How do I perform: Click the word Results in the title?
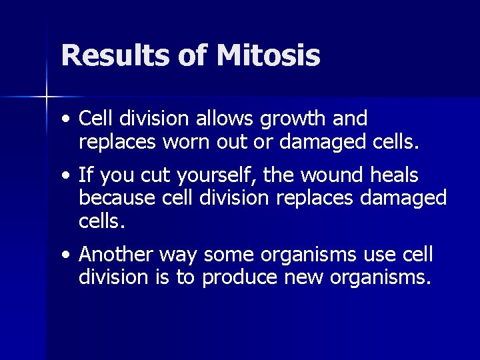(x=115, y=56)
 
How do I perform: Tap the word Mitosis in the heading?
(x=268, y=56)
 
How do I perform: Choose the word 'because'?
(x=114, y=198)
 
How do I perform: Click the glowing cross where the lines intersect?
(x=47, y=97)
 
